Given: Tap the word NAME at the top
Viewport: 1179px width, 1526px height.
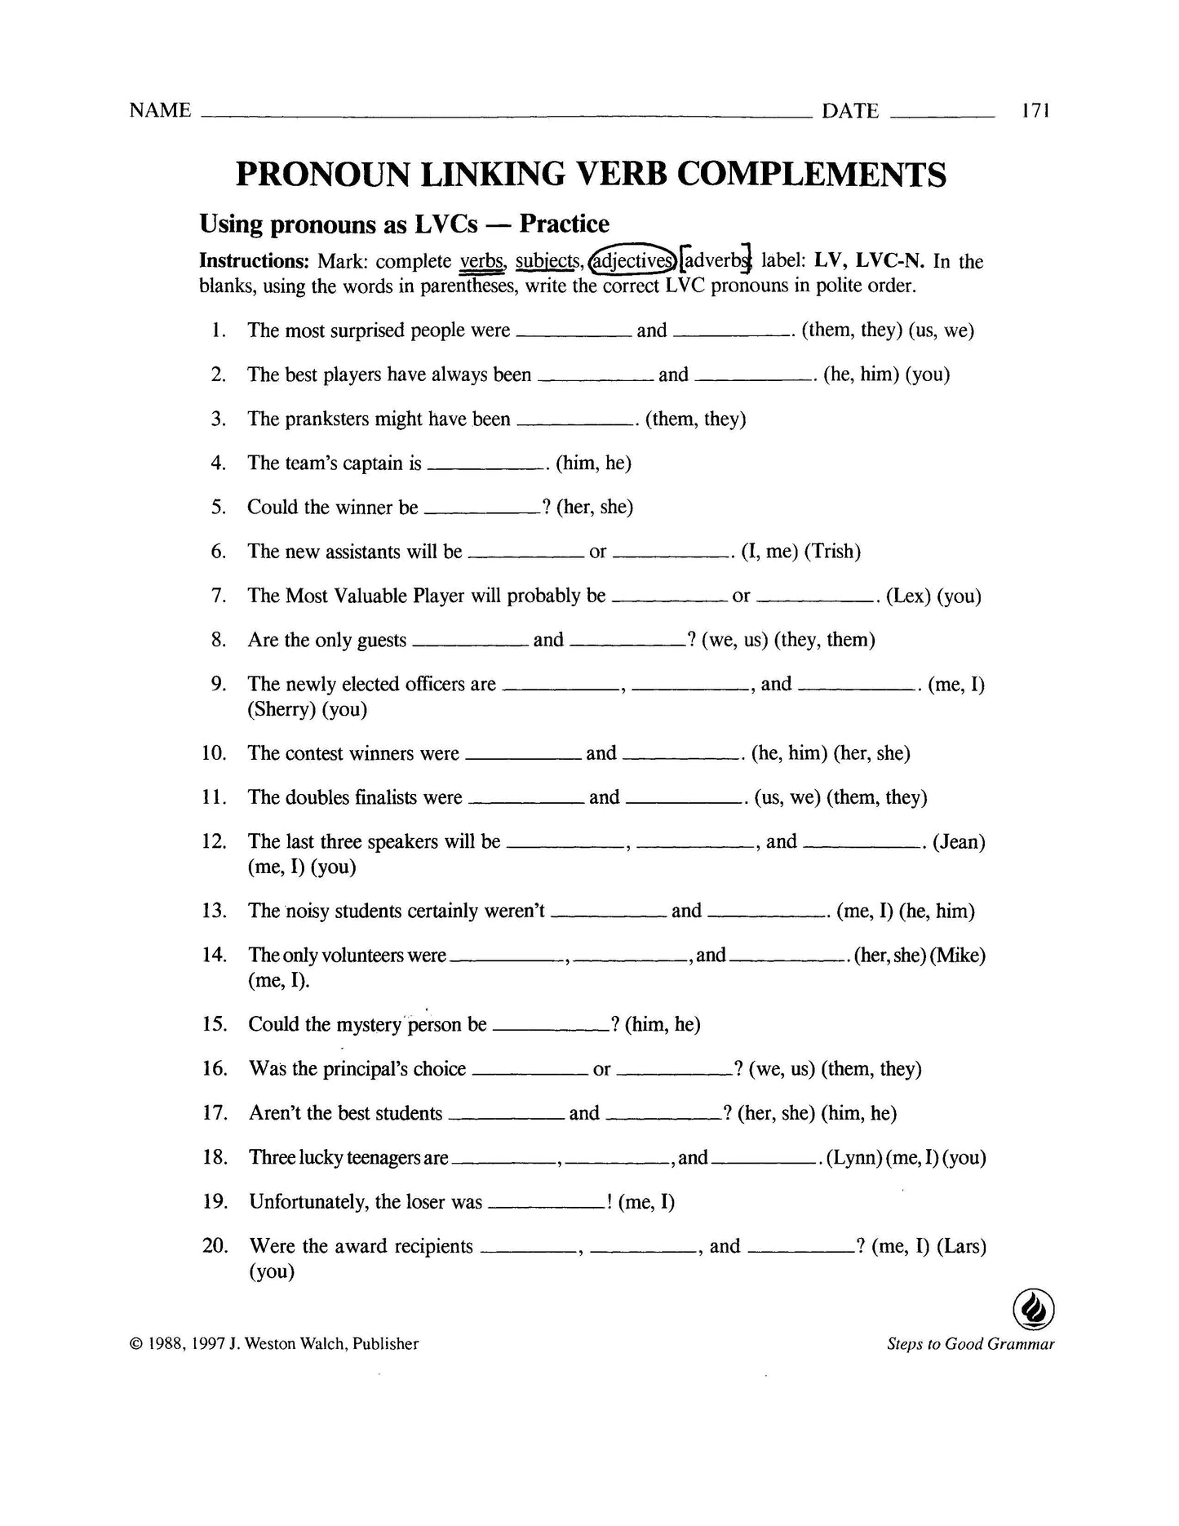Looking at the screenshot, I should coord(160,110).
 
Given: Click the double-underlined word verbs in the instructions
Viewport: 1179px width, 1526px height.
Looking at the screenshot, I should coord(481,261).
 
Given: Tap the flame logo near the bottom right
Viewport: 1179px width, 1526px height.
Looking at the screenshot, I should coord(1033,1310).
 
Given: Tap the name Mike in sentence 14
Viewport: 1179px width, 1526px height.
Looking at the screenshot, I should coord(958,955).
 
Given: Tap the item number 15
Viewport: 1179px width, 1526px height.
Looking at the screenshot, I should coord(214,1024).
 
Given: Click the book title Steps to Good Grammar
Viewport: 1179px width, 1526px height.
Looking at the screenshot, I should coord(970,1344).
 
